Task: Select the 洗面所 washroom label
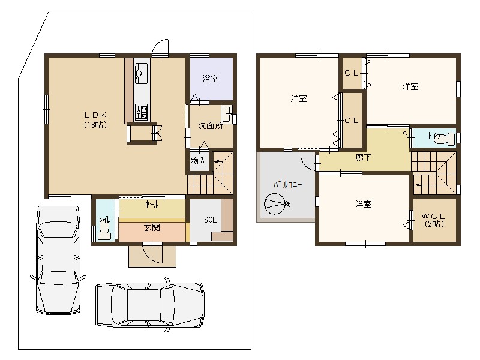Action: pos(211,125)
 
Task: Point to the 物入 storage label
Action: pos(198,161)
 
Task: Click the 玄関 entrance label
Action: pos(152,227)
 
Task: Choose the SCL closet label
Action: pos(210,220)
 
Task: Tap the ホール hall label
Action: pos(152,204)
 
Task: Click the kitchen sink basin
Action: pos(141,74)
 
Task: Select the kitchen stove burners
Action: pos(142,112)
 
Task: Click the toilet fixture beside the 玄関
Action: pos(105,229)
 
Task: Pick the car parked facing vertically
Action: pos(57,260)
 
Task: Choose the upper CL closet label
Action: pos(352,73)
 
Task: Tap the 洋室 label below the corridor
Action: pos(363,204)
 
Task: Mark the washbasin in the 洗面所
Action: pos(227,113)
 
